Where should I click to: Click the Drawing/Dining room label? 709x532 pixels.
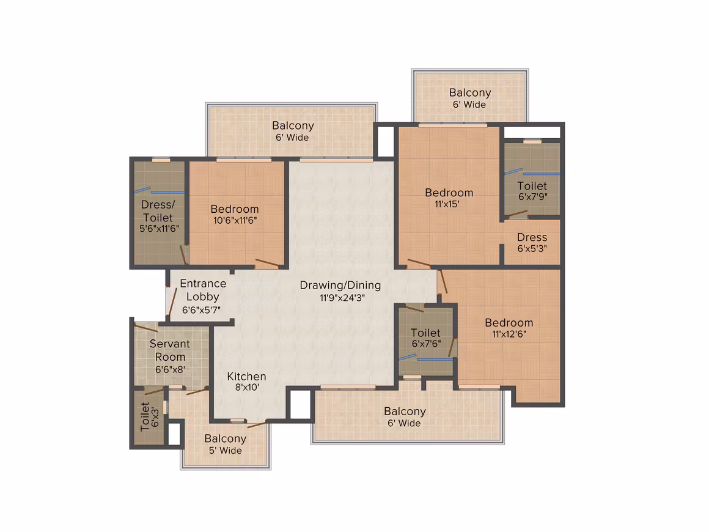pyautogui.click(x=340, y=286)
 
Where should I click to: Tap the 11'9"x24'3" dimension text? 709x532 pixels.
pyautogui.click(x=342, y=298)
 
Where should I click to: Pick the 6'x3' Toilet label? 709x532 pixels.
pyautogui.click(x=149, y=416)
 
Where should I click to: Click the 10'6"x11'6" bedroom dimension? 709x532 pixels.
pyautogui.click(x=235, y=220)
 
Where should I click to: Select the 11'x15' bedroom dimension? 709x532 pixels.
pyautogui.click(x=447, y=204)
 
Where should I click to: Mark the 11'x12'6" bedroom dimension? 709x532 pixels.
pyautogui.click(x=509, y=334)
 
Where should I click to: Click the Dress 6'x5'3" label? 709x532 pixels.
pyautogui.click(x=532, y=242)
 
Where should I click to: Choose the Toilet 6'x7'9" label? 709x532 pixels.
pyautogui.click(x=532, y=191)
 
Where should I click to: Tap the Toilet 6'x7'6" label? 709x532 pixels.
pyautogui.click(x=426, y=338)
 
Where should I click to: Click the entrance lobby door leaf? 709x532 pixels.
pyautogui.click(x=171, y=302)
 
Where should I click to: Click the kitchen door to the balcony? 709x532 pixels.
pyautogui.click(x=257, y=424)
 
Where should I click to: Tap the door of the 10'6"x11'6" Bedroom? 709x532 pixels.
pyautogui.click(x=267, y=263)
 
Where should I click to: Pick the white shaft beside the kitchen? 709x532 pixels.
pyautogui.click(x=299, y=404)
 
